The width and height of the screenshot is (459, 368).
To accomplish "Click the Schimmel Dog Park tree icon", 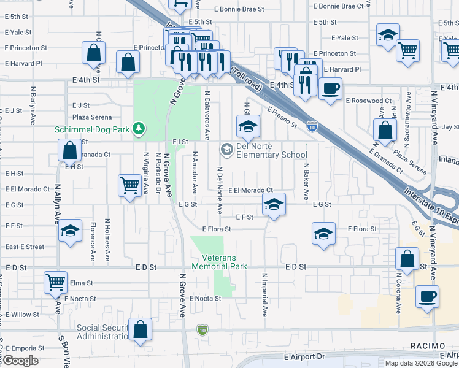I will tap(140, 128).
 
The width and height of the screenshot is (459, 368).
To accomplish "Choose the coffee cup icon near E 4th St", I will tap(330, 88).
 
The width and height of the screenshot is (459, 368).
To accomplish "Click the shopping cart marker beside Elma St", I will tap(55, 282).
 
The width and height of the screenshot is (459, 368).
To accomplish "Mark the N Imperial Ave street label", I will tap(265, 294).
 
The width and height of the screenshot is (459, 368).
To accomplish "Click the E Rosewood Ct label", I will tap(368, 101).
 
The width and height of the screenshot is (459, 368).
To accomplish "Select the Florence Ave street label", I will tap(93, 240).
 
